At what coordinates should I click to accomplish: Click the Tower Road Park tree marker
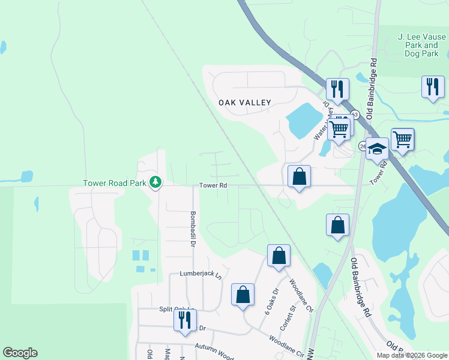point(155,181)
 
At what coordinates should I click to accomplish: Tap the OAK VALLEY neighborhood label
point(245,103)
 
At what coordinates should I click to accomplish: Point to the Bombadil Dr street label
point(193,229)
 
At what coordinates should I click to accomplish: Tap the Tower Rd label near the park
point(213,185)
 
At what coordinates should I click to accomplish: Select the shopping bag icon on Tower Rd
point(299,177)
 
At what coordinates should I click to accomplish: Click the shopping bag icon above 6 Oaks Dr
point(279,256)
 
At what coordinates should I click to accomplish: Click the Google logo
point(20,353)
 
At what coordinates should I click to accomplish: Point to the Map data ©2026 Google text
point(411,355)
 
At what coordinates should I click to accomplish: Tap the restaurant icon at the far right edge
point(432,88)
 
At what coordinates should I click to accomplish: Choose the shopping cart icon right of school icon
point(402,140)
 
